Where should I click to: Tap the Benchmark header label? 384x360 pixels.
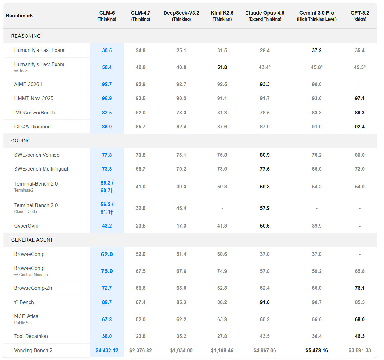click(x=19, y=16)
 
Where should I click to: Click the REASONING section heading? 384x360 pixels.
click(x=26, y=36)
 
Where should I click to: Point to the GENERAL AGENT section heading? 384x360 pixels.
click(x=32, y=240)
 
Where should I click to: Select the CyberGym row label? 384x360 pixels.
click(x=26, y=226)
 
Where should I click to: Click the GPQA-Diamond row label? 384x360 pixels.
click(x=32, y=127)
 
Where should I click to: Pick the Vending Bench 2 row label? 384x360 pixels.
click(x=33, y=350)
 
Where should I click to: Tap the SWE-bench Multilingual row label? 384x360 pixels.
click(x=41, y=169)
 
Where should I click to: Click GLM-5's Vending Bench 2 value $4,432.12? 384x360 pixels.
click(x=107, y=350)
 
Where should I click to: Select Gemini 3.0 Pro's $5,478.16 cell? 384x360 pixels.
click(x=316, y=350)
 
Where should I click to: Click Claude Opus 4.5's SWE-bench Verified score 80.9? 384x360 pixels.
click(x=265, y=155)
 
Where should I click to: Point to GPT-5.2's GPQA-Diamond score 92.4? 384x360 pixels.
click(x=359, y=127)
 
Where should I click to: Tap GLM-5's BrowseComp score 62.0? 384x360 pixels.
click(x=107, y=254)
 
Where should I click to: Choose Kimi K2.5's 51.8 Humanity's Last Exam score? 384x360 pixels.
click(x=222, y=67)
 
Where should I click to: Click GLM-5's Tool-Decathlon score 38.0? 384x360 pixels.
click(x=107, y=336)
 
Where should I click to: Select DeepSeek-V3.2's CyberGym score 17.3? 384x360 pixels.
click(x=181, y=226)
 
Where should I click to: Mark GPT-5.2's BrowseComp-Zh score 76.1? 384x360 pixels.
click(x=359, y=288)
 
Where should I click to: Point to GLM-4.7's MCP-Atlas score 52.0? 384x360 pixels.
click(x=140, y=319)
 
